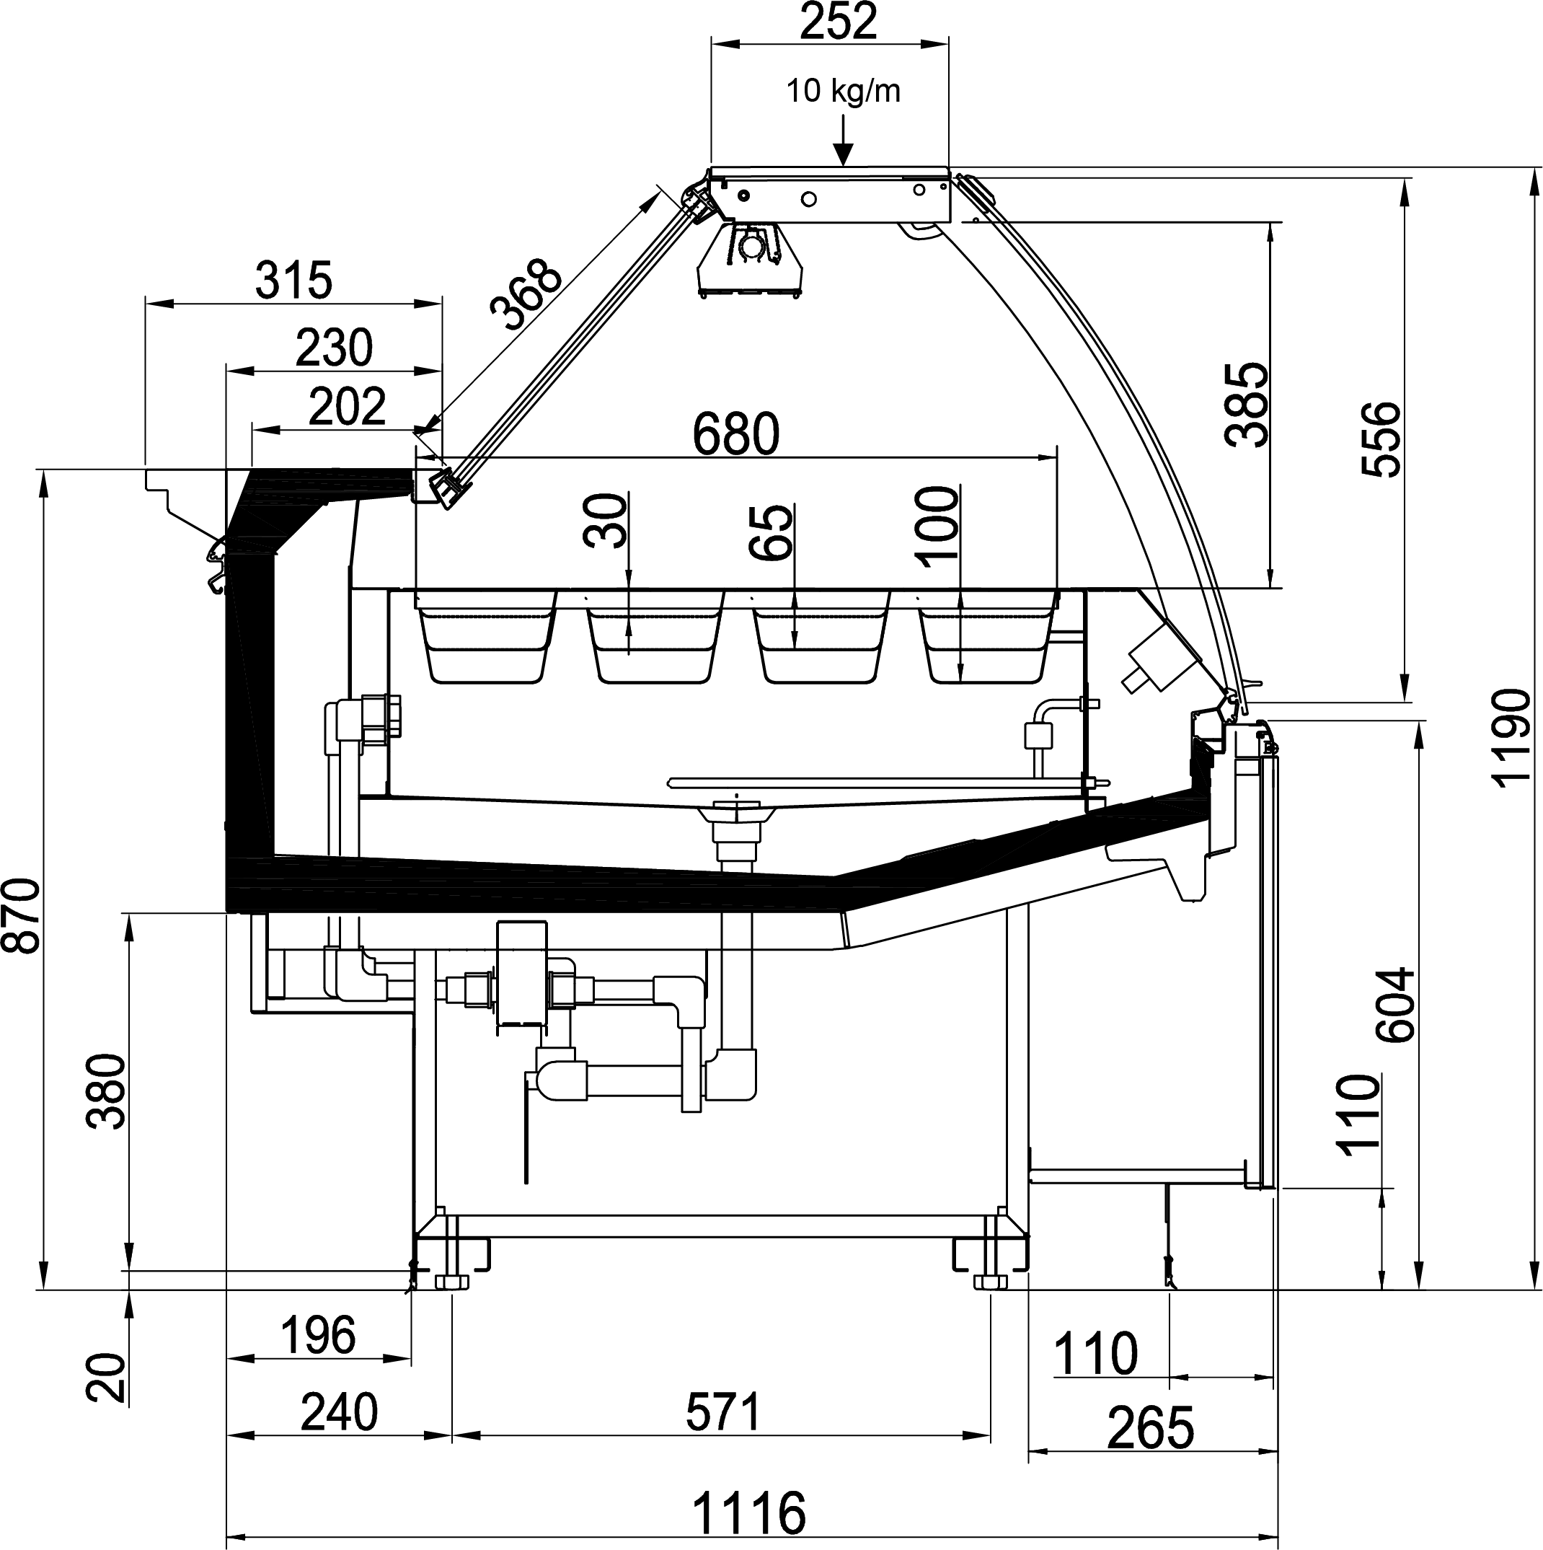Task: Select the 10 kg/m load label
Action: [x=843, y=91]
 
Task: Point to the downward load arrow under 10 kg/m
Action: [x=843, y=141]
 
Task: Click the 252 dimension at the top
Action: [x=839, y=22]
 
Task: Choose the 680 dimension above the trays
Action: [x=735, y=434]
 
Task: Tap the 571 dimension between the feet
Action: [x=722, y=1413]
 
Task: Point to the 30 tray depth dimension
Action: [x=606, y=521]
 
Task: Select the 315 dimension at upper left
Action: [x=293, y=281]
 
